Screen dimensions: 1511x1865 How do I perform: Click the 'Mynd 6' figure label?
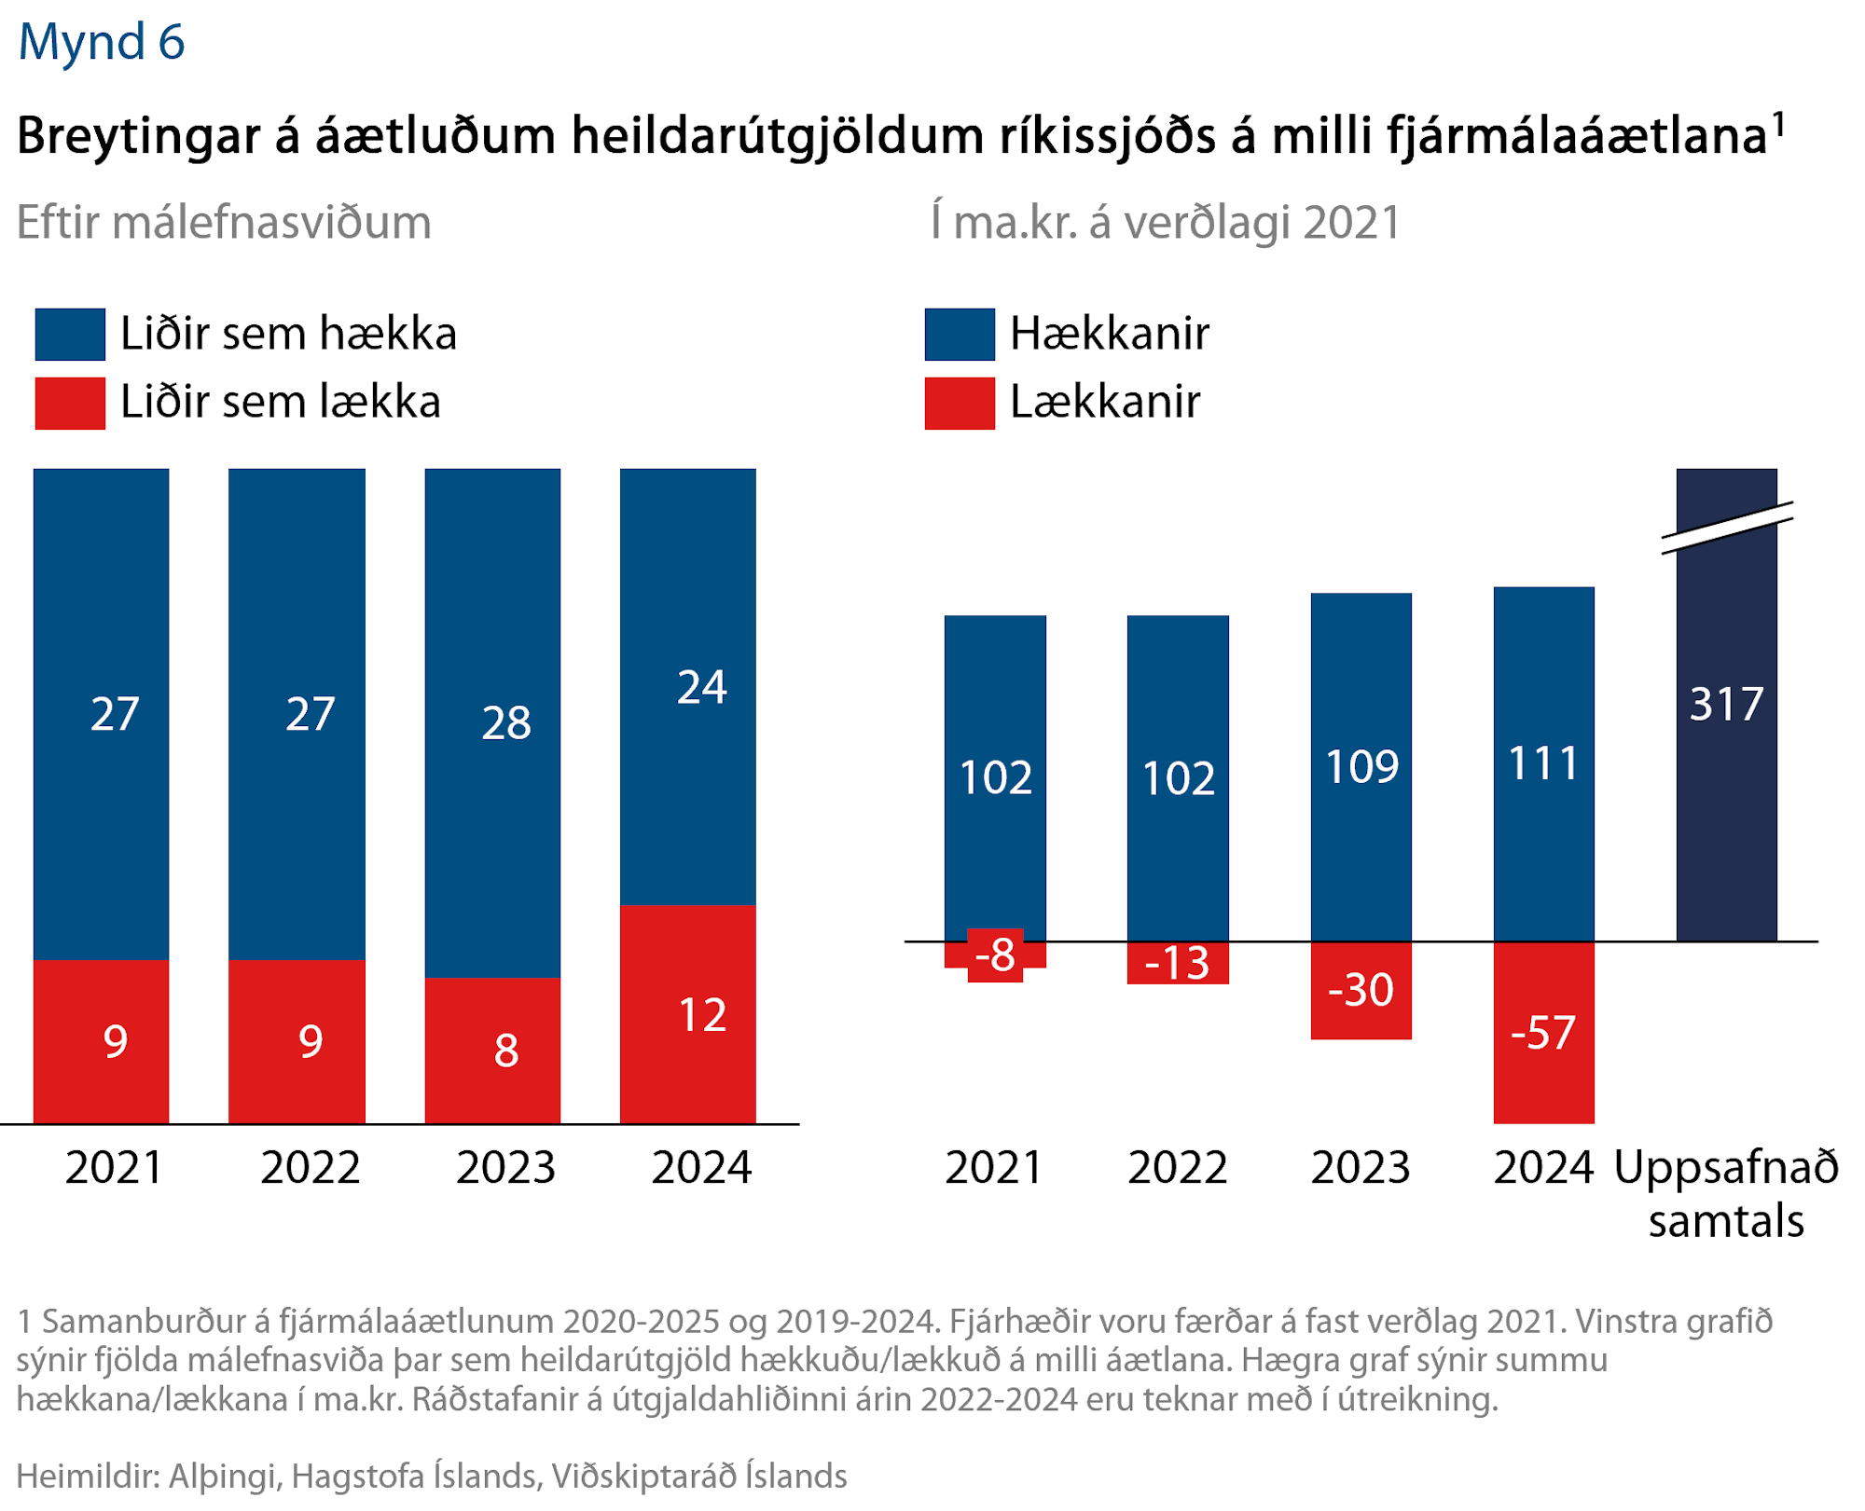pyautogui.click(x=102, y=42)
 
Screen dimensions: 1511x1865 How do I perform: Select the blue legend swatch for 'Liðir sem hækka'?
pyautogui.click(x=70, y=334)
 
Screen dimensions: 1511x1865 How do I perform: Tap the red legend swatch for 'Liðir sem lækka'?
pyautogui.click(x=70, y=403)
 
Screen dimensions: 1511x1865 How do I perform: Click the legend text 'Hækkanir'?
pyautogui.click(x=1109, y=334)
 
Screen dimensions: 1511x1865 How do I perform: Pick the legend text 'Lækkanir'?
pyautogui.click(x=1104, y=403)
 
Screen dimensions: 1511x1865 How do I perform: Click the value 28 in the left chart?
pyautogui.click(x=505, y=722)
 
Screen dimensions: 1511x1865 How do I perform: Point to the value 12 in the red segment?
pyautogui.click(x=701, y=1014)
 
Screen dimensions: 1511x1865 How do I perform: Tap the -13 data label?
pyautogui.click(x=1177, y=963)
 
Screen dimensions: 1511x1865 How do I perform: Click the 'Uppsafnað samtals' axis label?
pyautogui.click(x=1726, y=1193)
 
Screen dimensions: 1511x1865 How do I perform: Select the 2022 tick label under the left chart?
pyautogui.click(x=310, y=1167)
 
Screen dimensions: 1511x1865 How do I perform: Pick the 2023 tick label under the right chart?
pyautogui.click(x=1361, y=1167)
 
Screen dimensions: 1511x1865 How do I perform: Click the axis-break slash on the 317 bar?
pyautogui.click(x=1727, y=528)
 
